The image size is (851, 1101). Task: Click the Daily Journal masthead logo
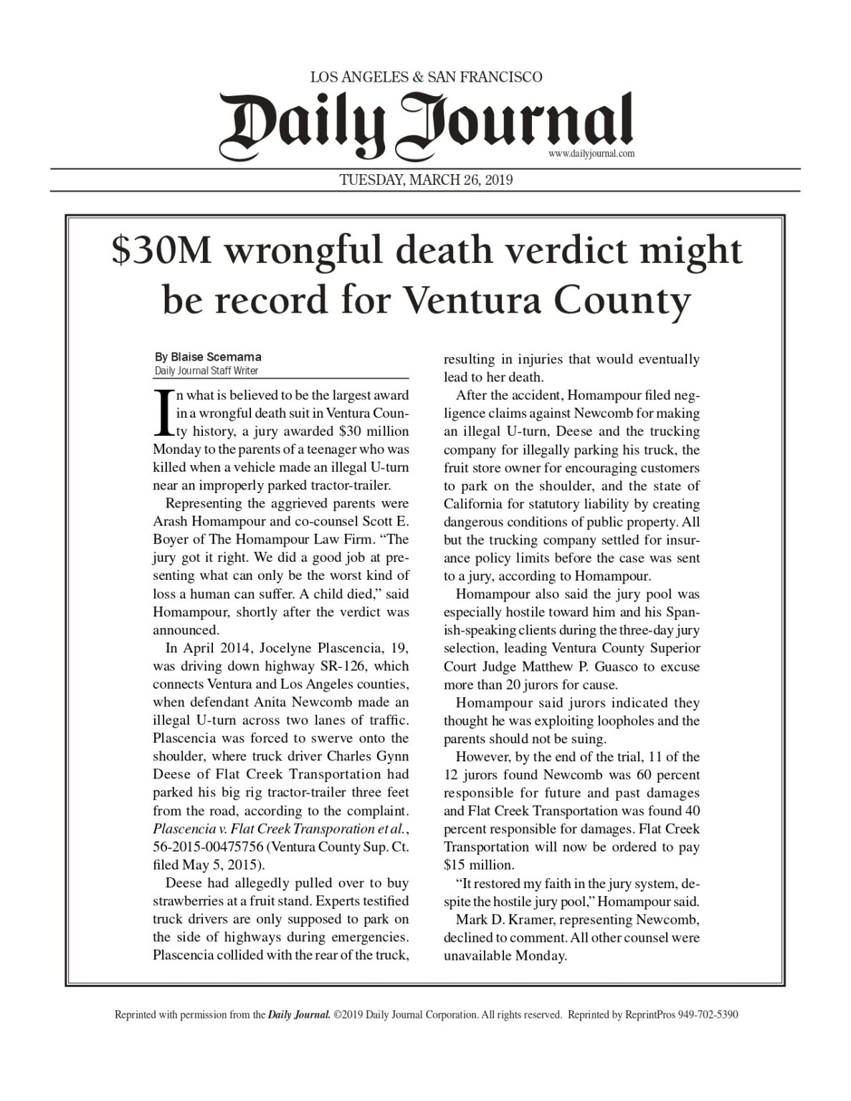[x=426, y=122]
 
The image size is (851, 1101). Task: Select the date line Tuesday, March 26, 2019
[x=425, y=181]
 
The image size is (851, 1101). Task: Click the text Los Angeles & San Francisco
[x=425, y=77]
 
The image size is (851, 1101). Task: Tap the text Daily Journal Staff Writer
[x=206, y=371]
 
